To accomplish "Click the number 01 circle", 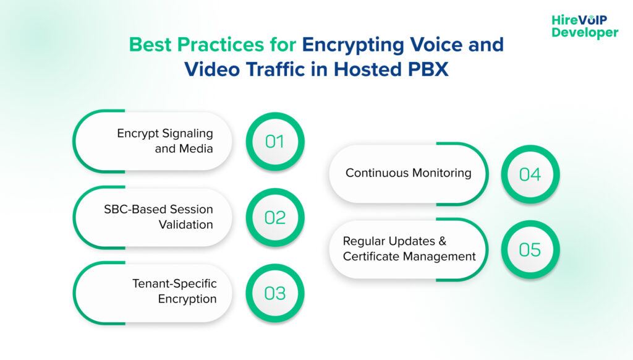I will click(x=275, y=142).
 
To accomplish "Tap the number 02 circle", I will click(x=275, y=217).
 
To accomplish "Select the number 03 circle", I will click(x=275, y=292).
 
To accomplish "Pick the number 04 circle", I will click(x=530, y=174).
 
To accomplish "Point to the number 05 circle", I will click(x=530, y=249).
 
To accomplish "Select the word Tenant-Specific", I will click(x=174, y=284).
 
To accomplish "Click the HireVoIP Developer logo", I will click(x=584, y=26).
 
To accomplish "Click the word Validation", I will click(x=185, y=225).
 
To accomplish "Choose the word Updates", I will click(x=421, y=241).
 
